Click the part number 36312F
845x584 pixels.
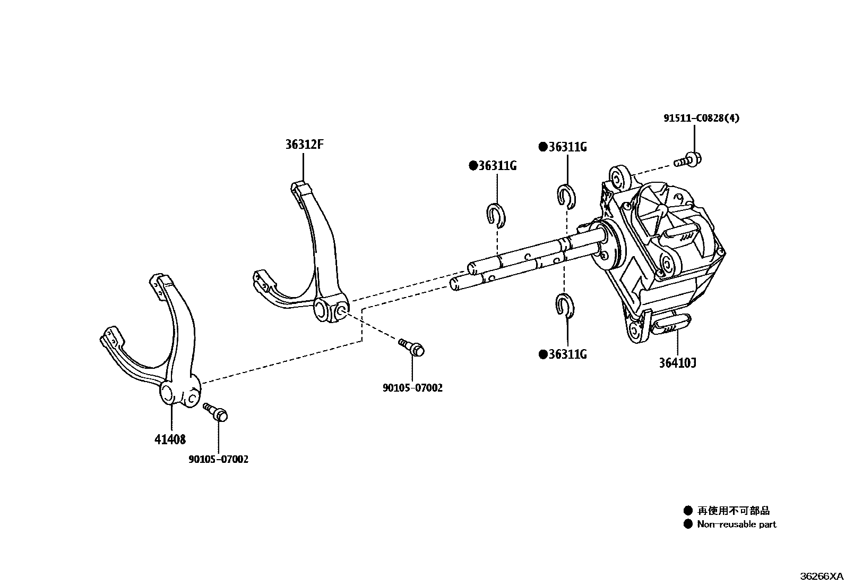click(304, 145)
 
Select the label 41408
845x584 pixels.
click(170, 439)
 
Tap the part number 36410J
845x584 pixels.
click(678, 363)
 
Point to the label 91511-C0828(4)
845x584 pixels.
click(701, 118)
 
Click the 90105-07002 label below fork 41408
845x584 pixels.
click(218, 459)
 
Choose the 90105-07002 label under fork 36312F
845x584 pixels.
click(412, 388)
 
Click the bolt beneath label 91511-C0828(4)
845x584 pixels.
click(688, 159)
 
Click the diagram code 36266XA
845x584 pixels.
click(822, 576)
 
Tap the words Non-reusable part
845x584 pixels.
click(736, 524)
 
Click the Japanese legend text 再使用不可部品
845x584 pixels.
click(733, 511)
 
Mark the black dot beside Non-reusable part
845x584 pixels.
click(688, 524)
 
